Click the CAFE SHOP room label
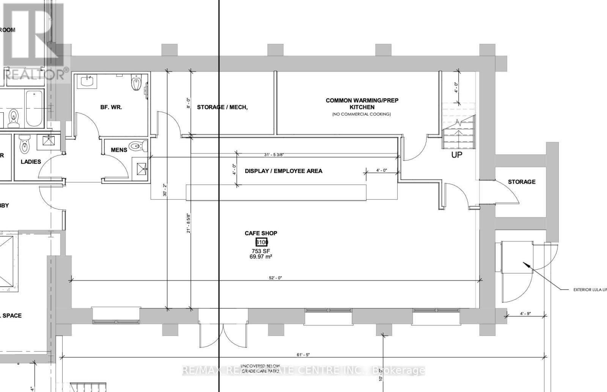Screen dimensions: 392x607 point(261,233)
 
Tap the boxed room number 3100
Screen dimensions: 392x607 point(261,242)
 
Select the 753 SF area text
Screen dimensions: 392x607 point(261,251)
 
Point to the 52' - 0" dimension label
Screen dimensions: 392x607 point(275,278)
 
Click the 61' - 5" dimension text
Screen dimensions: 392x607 point(303,355)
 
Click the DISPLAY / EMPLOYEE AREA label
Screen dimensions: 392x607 point(283,171)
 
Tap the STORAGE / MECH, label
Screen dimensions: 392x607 point(222,107)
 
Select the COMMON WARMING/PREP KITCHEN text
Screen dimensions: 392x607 point(362,104)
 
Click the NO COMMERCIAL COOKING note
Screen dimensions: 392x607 point(361,114)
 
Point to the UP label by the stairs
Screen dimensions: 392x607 point(456,155)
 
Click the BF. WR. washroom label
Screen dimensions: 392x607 point(111,107)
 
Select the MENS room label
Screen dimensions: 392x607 point(119,150)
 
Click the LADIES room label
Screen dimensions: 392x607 point(31,162)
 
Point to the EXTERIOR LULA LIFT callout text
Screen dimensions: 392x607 point(590,290)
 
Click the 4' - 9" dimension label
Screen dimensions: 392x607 point(525,313)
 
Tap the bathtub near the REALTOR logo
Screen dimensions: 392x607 point(34,108)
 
